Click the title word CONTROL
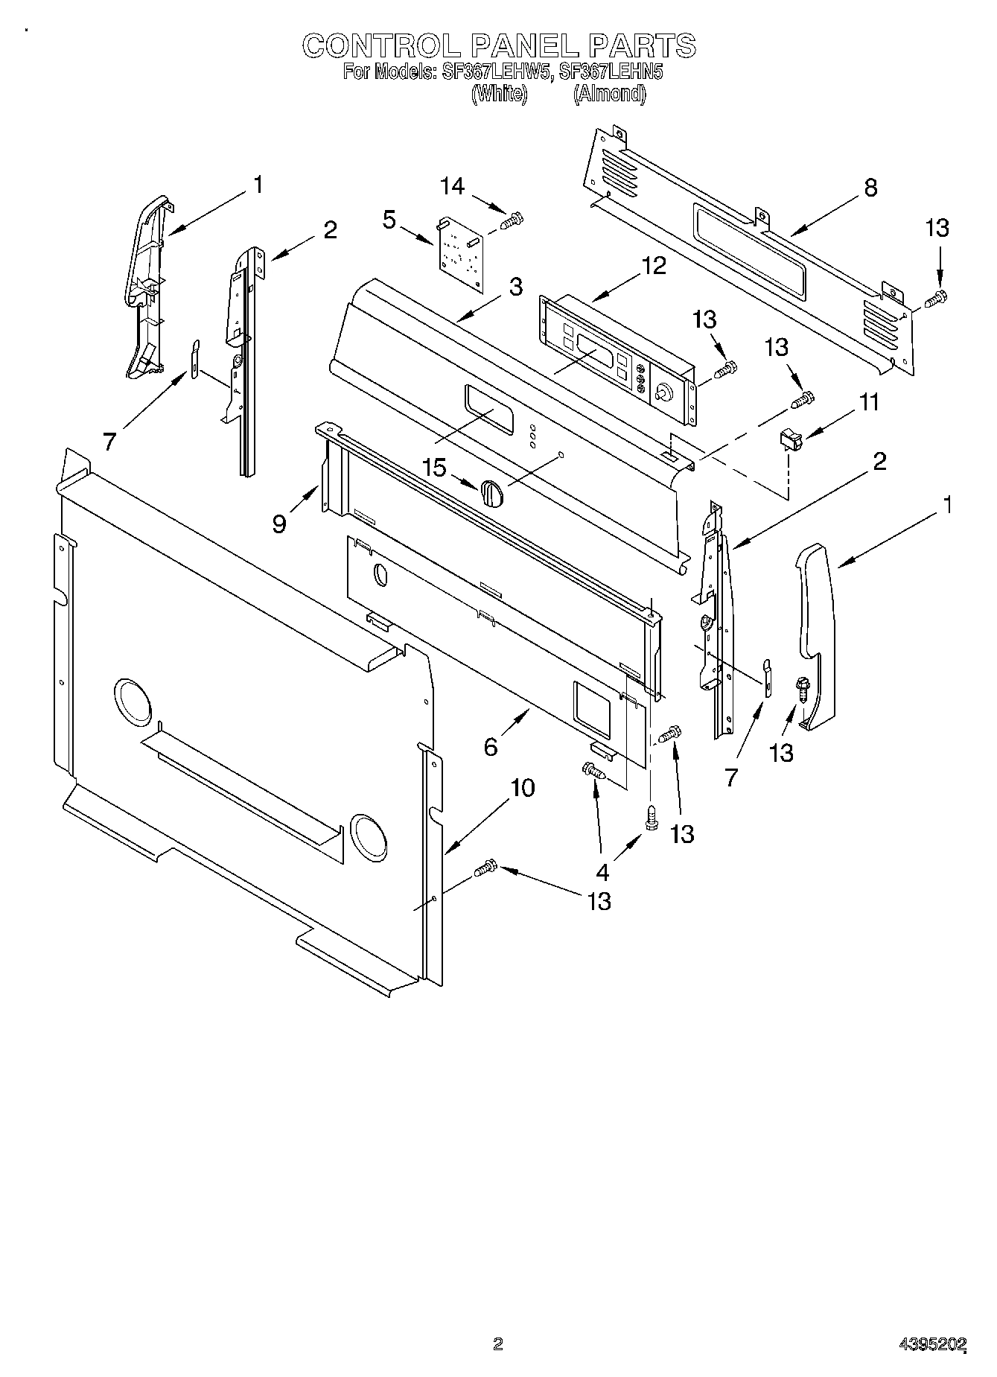click(x=382, y=46)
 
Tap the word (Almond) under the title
click(x=609, y=94)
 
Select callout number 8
click(x=870, y=188)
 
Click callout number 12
click(x=654, y=266)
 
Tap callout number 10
click(x=523, y=788)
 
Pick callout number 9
click(x=279, y=525)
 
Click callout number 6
click(x=491, y=747)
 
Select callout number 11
click(x=869, y=403)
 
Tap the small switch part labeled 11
click(x=790, y=440)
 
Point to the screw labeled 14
click(x=512, y=220)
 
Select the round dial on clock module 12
click(x=661, y=392)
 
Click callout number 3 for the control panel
click(x=515, y=287)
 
